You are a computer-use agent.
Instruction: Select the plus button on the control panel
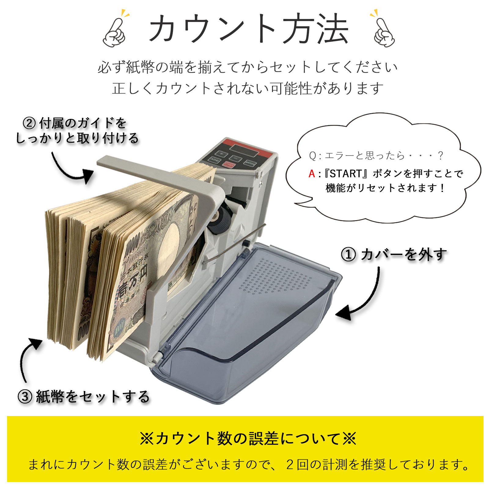(222, 153)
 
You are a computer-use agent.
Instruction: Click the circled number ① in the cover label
(348, 254)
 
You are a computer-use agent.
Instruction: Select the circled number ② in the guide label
(30, 123)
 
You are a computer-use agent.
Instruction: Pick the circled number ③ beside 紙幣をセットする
(25, 397)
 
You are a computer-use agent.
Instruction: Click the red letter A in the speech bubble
(312, 174)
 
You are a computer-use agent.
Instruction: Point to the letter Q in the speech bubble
(313, 156)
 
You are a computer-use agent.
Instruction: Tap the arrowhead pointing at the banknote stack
(35, 344)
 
